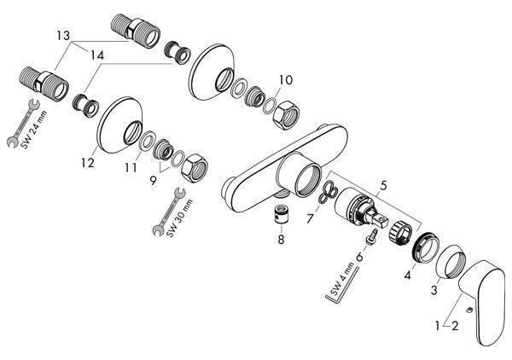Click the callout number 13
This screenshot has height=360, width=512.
63,35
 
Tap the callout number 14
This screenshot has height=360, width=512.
97,55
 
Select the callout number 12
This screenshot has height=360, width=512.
88,162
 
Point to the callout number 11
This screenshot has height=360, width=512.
131,168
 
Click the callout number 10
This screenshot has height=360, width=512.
286,79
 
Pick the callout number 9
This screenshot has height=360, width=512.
153,181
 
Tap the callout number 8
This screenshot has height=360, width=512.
281,239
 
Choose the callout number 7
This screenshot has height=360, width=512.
310,218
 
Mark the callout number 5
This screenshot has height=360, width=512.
383,185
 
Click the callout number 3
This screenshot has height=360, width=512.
433,289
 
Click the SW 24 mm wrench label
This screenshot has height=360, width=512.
33,130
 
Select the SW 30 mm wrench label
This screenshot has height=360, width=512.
179,218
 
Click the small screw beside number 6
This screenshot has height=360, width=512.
373,235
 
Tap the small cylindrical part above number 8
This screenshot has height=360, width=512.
281,216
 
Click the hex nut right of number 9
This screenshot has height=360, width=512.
195,168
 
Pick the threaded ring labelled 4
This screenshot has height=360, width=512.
425,247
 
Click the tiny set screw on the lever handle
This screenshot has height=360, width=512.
469,309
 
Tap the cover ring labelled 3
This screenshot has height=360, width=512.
452,262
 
